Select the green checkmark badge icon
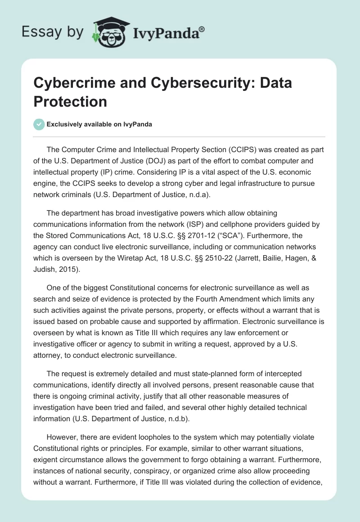pos(39,124)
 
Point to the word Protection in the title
pos(70,101)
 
